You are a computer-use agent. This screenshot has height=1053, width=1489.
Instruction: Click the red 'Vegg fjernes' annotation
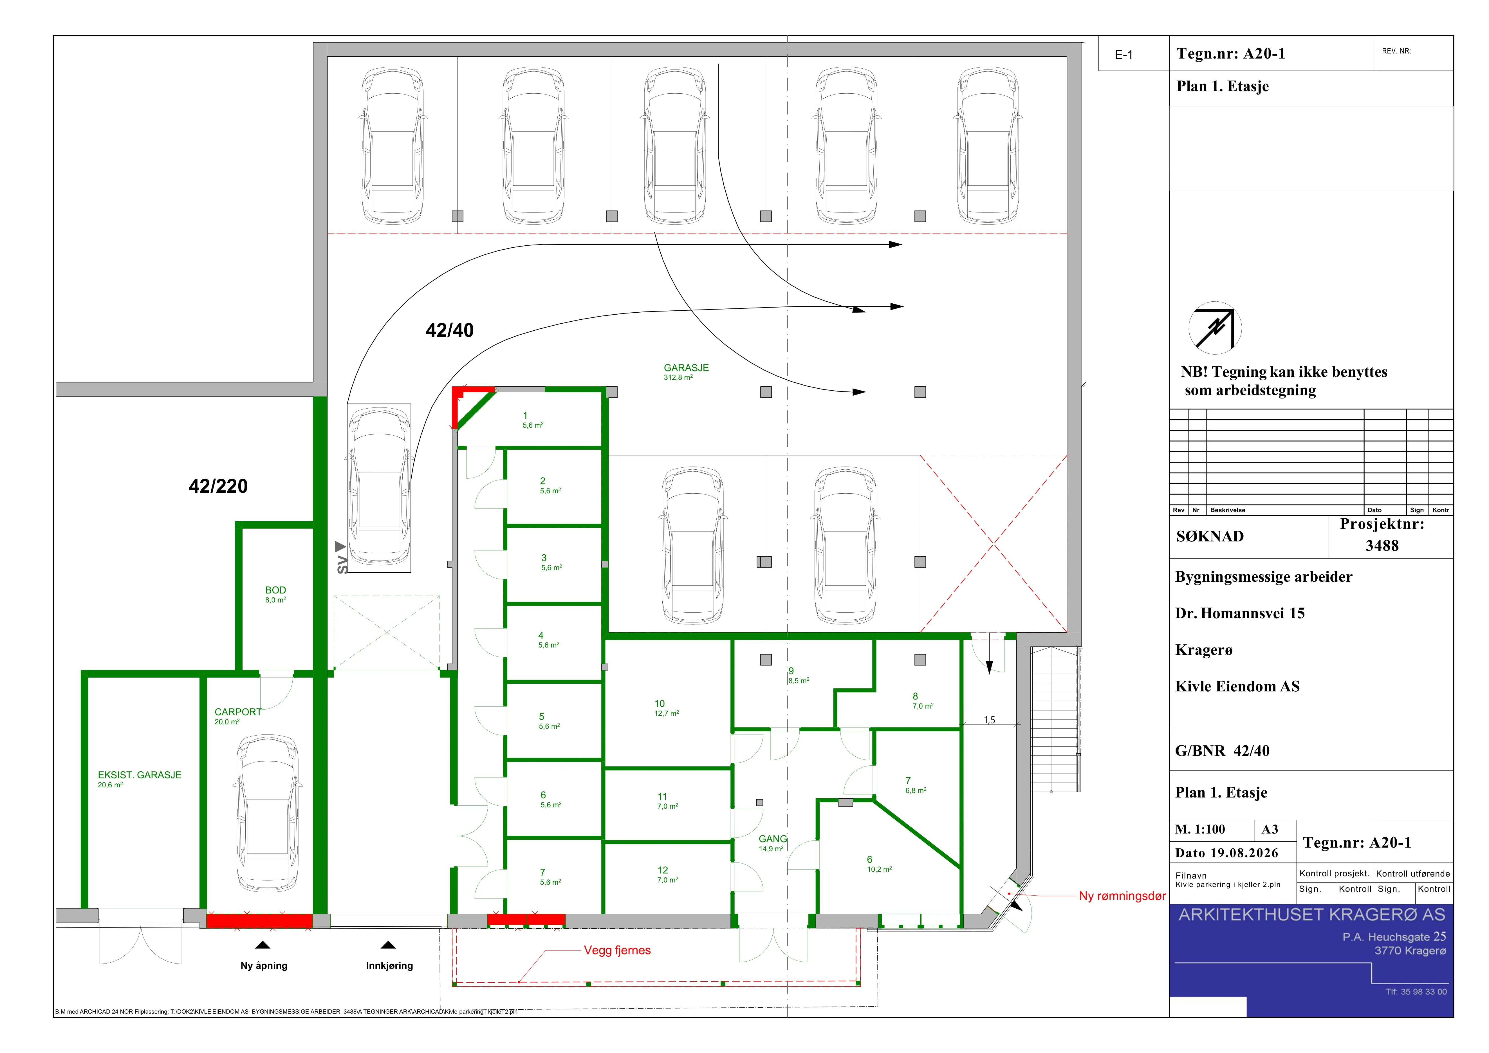coord(617,951)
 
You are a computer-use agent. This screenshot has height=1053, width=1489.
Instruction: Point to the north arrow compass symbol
coord(1215,328)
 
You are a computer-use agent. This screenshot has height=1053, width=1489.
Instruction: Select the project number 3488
coord(1382,546)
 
